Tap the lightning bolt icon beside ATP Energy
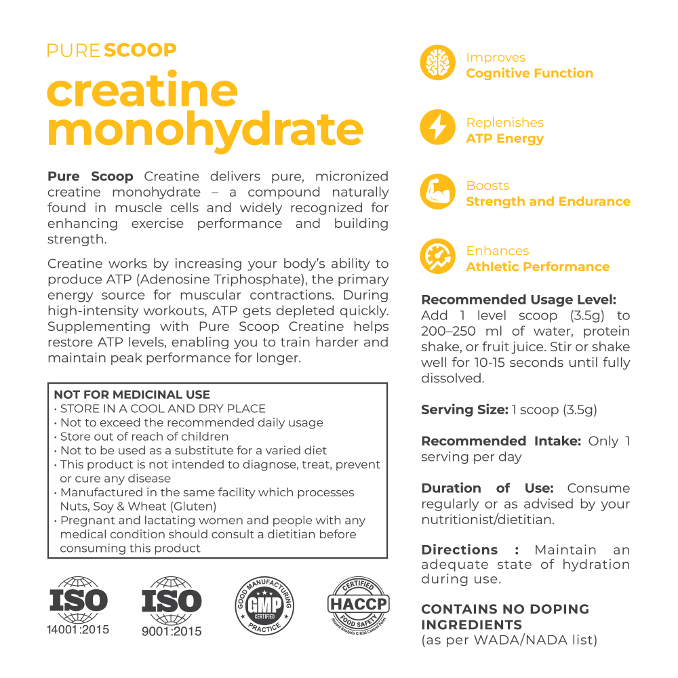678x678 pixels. [x=438, y=128]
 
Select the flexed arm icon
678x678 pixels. [x=438, y=193]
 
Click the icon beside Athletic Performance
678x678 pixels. [x=438, y=257]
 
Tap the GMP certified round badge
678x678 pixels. [x=264, y=605]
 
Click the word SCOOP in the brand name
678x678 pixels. [x=141, y=50]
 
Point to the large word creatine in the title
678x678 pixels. [x=142, y=89]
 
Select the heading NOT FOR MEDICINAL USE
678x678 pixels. [x=132, y=395]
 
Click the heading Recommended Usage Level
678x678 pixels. [x=519, y=300]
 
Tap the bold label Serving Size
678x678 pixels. [x=464, y=410]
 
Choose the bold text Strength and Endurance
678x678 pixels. [x=548, y=201]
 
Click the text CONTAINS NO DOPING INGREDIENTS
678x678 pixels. [x=505, y=616]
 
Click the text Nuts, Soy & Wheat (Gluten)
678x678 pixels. [x=138, y=506]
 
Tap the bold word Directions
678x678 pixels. [x=460, y=549]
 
